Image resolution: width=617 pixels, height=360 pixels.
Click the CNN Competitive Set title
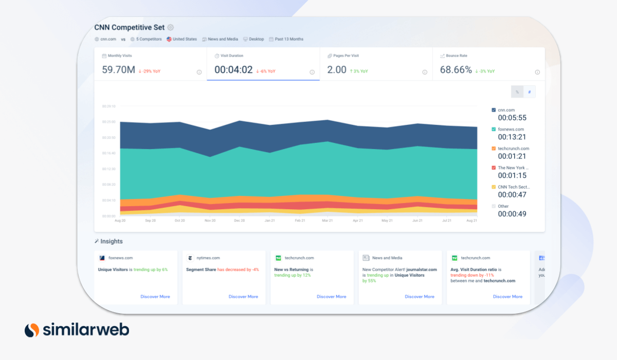pos(129,27)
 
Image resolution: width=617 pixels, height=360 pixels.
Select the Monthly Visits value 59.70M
pos(118,70)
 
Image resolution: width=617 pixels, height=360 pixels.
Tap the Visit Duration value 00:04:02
pos(233,70)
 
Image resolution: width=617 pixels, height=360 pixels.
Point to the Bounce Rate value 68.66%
pos(456,70)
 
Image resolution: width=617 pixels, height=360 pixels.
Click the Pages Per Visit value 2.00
pos(337,70)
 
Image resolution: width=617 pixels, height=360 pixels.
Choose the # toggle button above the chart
pos(529,92)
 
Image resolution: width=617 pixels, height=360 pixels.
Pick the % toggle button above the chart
pos(517,92)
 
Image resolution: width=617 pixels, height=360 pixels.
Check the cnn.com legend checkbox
pos(494,110)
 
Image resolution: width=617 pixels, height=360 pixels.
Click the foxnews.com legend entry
pos(511,129)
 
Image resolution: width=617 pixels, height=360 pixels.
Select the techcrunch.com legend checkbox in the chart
pos(494,149)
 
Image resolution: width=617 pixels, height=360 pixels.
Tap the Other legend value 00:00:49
pos(512,214)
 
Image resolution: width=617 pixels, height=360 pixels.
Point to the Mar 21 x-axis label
pos(327,221)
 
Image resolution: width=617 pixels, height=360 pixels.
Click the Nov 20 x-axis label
pos(210,221)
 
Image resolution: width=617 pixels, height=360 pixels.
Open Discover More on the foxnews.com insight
pos(155,297)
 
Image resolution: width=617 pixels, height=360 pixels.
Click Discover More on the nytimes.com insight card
pos(243,297)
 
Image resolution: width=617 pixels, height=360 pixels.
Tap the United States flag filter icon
pos(169,39)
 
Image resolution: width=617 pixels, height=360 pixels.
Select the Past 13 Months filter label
pos(289,39)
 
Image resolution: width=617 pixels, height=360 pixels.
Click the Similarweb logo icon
pos(32,330)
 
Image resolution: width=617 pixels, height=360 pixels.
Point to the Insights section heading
pos(111,241)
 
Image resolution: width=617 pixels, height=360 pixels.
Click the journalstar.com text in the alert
pos(422,269)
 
